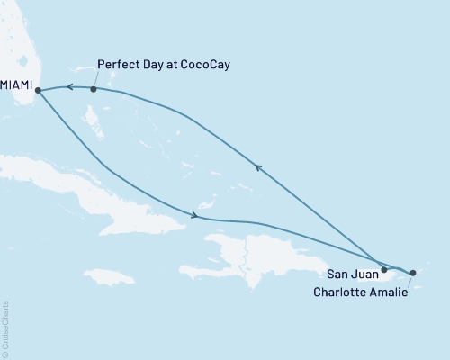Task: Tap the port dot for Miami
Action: click(x=38, y=89)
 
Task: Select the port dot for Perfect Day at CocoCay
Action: click(x=94, y=89)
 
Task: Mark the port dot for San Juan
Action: click(x=384, y=269)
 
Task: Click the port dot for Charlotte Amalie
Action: click(x=413, y=272)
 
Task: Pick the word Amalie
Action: click(x=391, y=291)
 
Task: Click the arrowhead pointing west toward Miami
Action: click(x=68, y=87)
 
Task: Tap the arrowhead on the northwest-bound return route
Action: click(x=257, y=166)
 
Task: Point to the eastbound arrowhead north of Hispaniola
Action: click(x=193, y=214)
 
